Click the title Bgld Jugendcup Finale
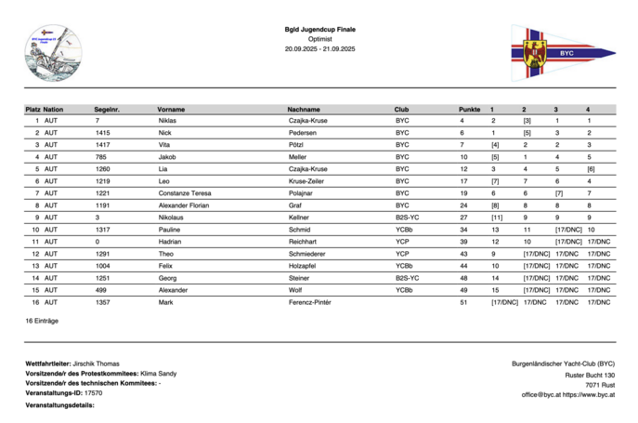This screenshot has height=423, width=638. pyautogui.click(x=319, y=30)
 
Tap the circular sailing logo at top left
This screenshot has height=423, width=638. pyautogui.click(x=53, y=53)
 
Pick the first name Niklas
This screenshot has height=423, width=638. pyautogui.click(x=167, y=121)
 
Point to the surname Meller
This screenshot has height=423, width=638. pyautogui.click(x=298, y=157)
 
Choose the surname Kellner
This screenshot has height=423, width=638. pyautogui.click(x=299, y=218)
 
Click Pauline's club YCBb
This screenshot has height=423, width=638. pyautogui.click(x=404, y=230)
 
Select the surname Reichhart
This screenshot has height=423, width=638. pyautogui.click(x=304, y=242)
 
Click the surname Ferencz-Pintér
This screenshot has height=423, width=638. pyautogui.click(x=310, y=302)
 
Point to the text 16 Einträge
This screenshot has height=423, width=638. pyautogui.click(x=42, y=321)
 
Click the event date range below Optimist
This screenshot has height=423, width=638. pyautogui.click(x=319, y=48)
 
